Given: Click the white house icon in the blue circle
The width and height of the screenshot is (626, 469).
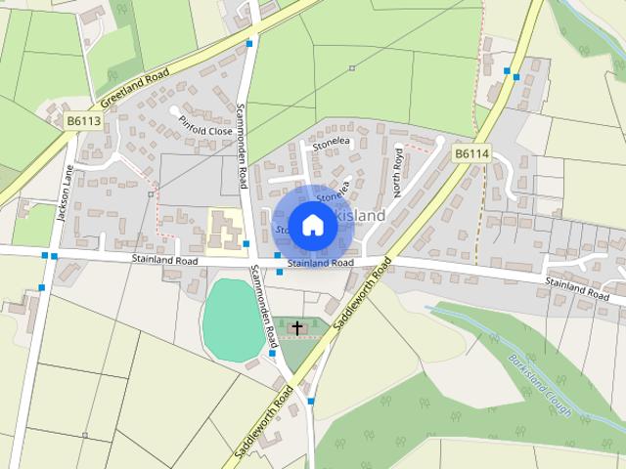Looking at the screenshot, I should tap(312, 225).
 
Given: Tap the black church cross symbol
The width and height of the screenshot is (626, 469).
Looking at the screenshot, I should tap(297, 327).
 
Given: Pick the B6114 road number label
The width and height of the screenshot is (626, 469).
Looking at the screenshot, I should tap(472, 153).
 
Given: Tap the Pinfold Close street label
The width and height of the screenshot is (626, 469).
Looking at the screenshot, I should tap(206, 129).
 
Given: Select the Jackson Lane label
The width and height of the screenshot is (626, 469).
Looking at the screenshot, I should tap(65, 192).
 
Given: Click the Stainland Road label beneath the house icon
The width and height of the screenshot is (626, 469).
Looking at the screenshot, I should tap(321, 263).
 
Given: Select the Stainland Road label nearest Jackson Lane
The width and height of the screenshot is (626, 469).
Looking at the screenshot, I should tap(165, 260).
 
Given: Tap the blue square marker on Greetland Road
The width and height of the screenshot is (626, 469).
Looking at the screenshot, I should tap(251, 44).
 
